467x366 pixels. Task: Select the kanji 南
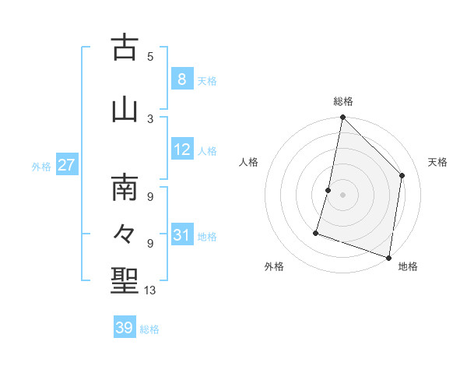click(x=125, y=188)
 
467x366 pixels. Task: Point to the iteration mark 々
click(x=125, y=233)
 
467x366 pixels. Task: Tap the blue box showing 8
click(x=181, y=79)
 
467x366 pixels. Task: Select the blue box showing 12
click(x=181, y=150)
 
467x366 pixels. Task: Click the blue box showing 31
click(x=181, y=235)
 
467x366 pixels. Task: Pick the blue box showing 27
click(x=66, y=165)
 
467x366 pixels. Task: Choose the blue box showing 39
click(x=125, y=328)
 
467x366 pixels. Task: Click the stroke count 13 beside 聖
click(x=151, y=290)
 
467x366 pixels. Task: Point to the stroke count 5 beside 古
click(x=150, y=56)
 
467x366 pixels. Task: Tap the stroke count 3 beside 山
click(x=150, y=118)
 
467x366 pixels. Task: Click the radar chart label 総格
click(x=343, y=101)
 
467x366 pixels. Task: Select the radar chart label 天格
click(x=437, y=162)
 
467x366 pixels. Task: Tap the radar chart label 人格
click(x=249, y=162)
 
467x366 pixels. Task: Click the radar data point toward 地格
click(x=388, y=257)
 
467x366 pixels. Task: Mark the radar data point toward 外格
click(x=316, y=232)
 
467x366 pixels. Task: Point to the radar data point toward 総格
click(x=342, y=117)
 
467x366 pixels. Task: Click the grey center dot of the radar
click(x=342, y=195)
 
